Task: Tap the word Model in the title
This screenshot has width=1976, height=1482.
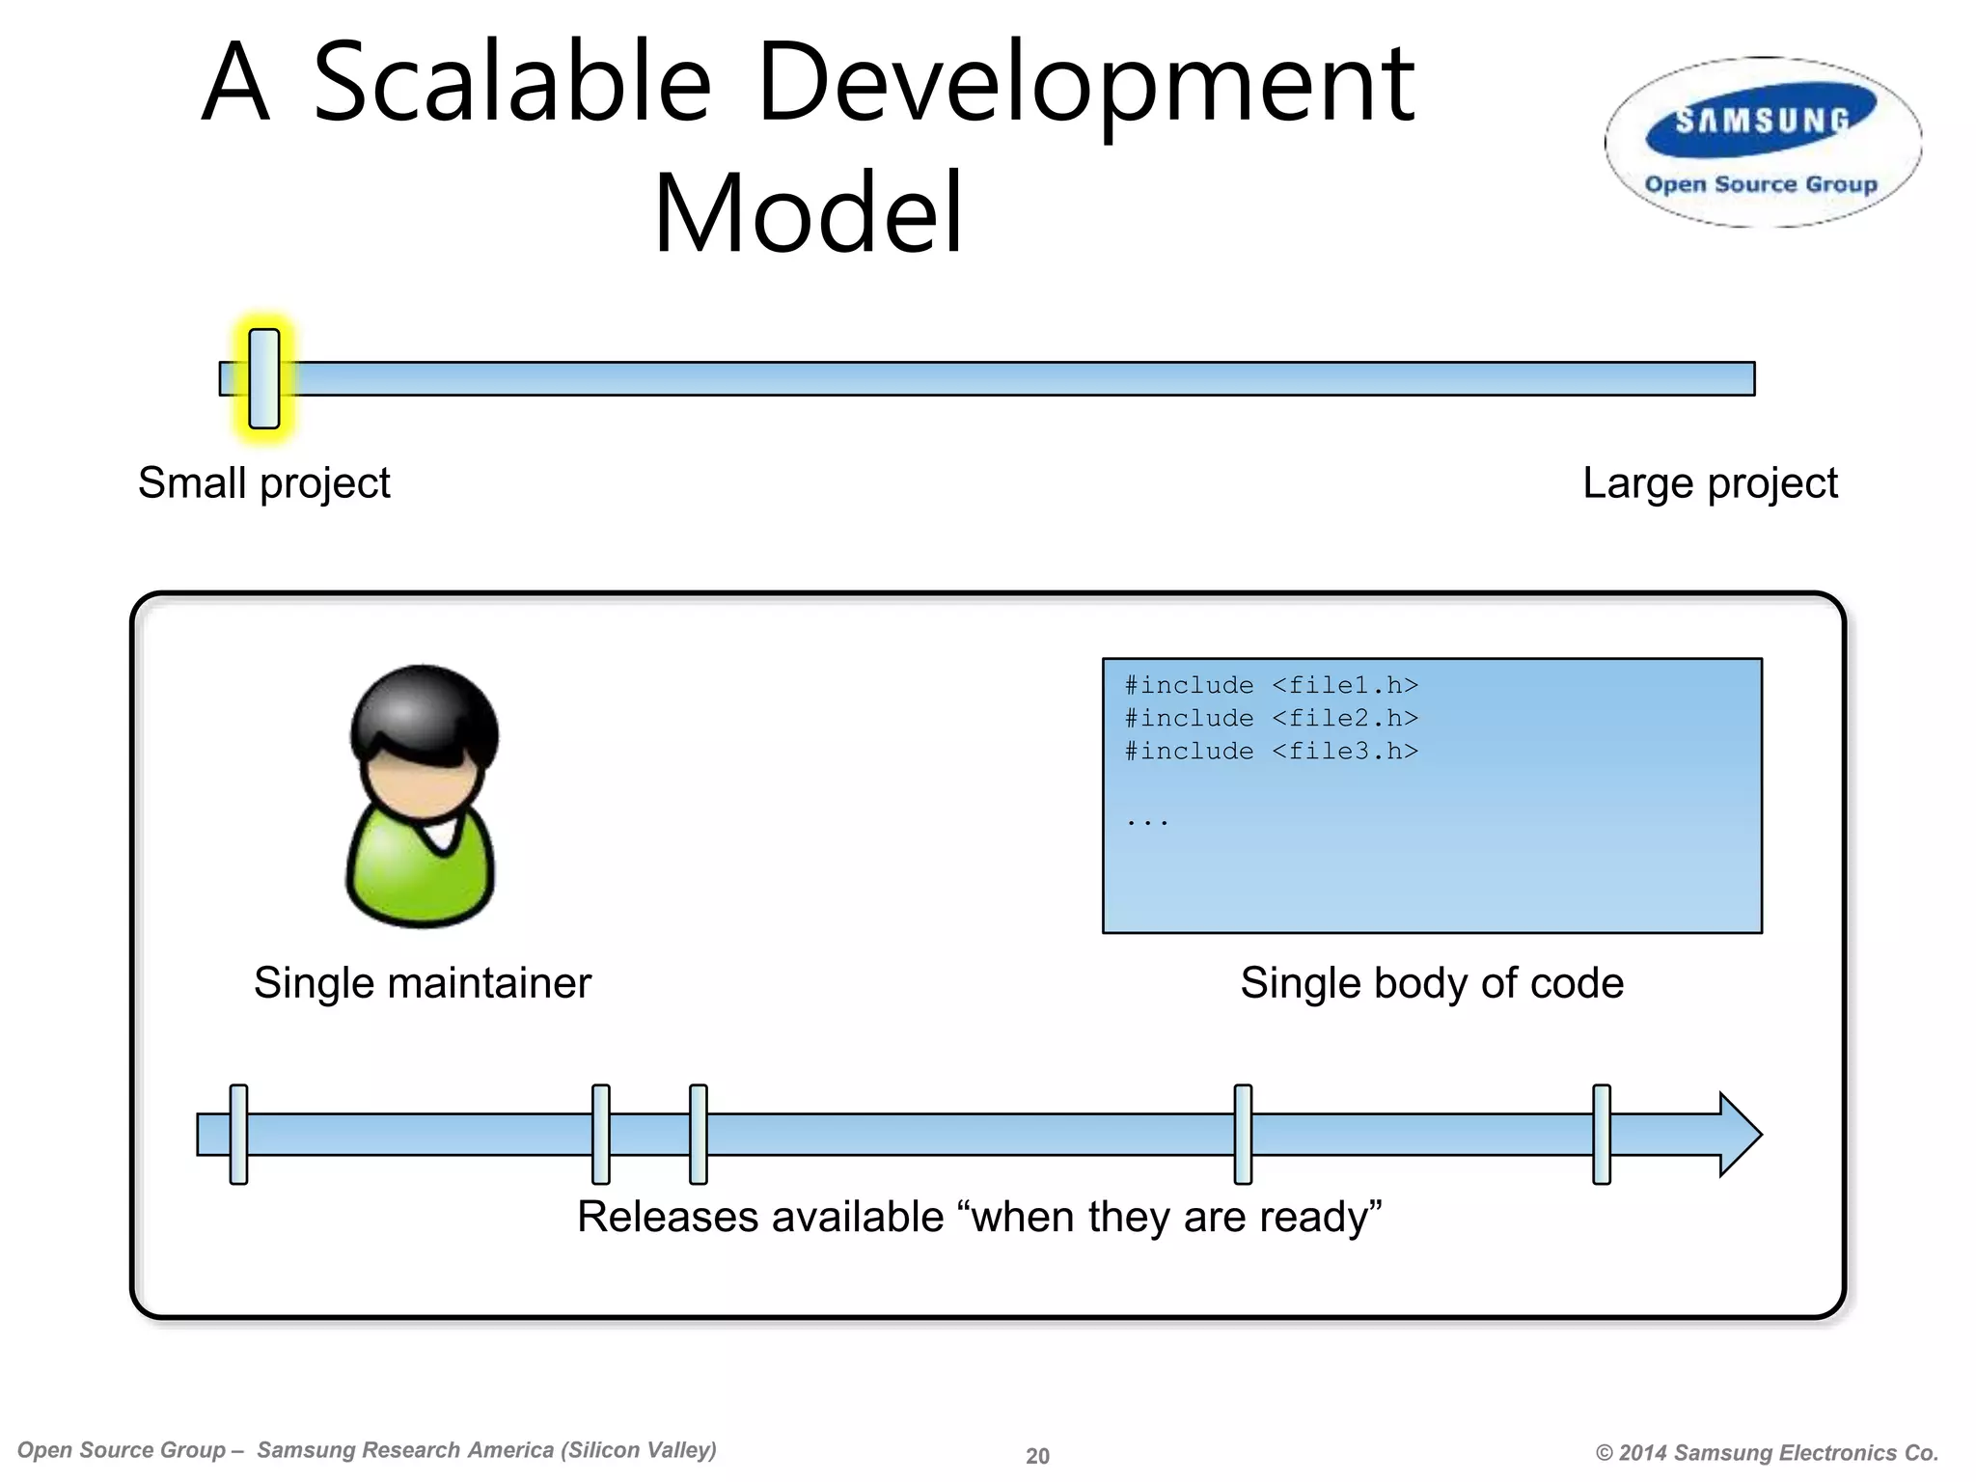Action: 809,213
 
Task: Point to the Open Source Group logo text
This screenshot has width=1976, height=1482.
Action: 1761,184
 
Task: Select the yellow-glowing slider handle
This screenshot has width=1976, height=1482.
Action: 263,378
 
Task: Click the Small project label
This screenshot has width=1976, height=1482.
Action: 263,482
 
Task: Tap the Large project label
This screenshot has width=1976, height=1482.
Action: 1710,482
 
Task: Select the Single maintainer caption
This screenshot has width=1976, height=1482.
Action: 422,983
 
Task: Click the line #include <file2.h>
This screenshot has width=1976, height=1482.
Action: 1271,718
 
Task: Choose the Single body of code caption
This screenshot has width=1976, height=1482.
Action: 1432,983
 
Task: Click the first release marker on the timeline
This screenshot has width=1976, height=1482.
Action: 238,1134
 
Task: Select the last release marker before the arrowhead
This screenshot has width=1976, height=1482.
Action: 1602,1134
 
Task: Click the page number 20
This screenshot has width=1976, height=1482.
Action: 1037,1456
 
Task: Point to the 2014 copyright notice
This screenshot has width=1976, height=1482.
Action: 1767,1453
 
